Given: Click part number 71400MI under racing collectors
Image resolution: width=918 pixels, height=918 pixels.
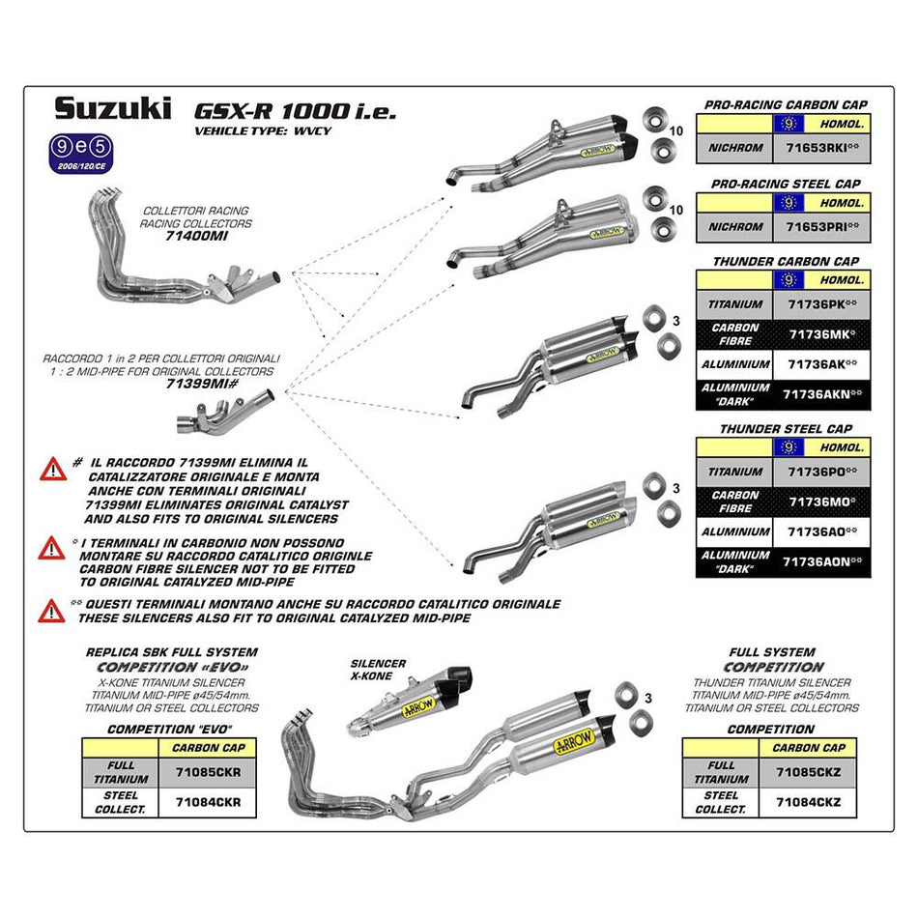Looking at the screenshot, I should pos(195,236).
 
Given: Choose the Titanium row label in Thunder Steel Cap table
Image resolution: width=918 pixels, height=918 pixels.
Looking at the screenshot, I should pos(734,472).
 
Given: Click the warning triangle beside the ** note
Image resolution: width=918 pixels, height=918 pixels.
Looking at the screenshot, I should pos(51,610).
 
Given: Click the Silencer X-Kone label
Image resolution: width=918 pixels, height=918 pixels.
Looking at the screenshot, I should pos(380,670).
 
